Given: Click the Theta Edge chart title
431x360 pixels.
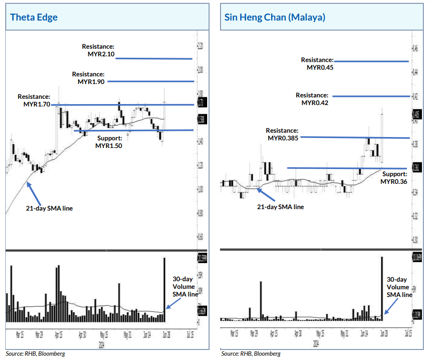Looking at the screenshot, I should pos(34,18).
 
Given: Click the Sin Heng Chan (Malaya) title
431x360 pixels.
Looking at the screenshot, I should pos(275,18).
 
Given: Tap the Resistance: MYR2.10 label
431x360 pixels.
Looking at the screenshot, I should pos(98,51).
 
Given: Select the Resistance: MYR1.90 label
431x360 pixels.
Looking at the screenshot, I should pos(88,78).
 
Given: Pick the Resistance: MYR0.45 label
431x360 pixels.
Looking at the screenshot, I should pos(317,64).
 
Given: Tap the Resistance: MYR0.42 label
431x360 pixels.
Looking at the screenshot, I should pos(312,99).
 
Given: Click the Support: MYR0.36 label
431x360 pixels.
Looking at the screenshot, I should pos(394,178).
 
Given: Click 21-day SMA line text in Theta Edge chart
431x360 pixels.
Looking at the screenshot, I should pos(49,208).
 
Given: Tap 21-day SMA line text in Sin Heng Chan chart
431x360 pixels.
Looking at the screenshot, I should pos(280,207).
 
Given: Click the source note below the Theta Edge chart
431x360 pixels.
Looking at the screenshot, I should pos(35,354).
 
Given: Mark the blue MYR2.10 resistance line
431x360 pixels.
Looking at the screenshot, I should pos(154,59).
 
